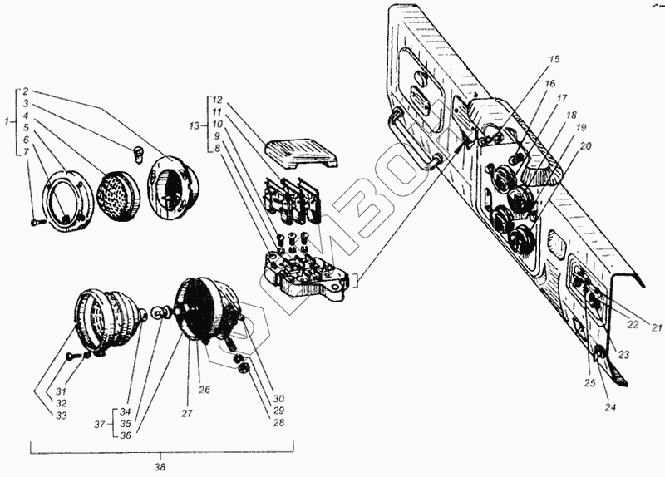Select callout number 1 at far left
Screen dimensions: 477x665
[x=7, y=122]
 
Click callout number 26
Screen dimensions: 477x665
[x=204, y=389]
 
